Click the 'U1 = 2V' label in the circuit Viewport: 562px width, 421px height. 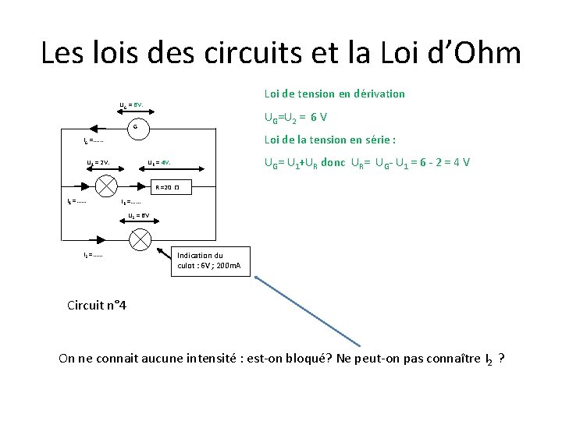click(98, 163)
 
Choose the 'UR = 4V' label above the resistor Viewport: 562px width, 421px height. click(159, 163)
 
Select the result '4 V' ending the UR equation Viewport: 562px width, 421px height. click(461, 164)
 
